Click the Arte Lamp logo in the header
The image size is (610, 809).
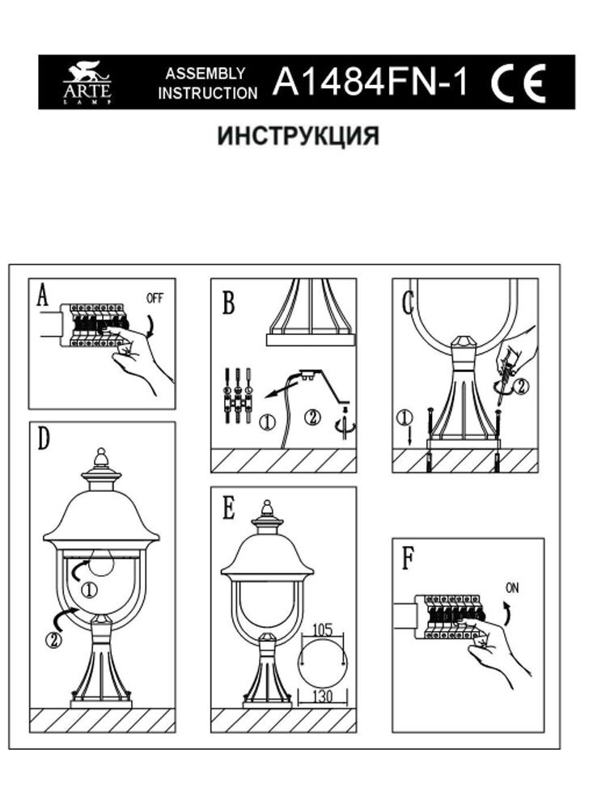[x=87, y=83]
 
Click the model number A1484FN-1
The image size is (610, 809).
[x=371, y=82]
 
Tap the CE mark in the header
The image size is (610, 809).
[x=519, y=82]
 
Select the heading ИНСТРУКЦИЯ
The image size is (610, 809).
[x=298, y=136]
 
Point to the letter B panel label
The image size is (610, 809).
[x=228, y=304]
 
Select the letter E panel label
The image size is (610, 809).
[x=228, y=508]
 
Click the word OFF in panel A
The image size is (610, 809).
[x=155, y=298]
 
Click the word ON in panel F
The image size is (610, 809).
[x=512, y=589]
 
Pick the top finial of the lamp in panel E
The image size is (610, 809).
[x=267, y=509]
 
